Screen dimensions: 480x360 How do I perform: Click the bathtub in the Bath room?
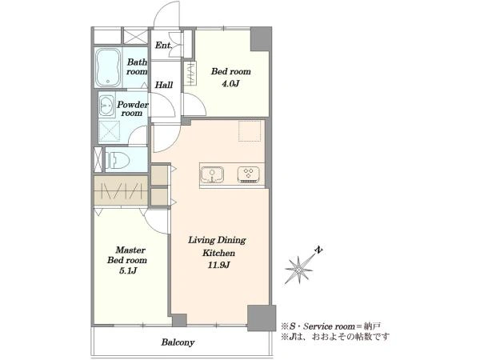pyautogui.click(x=107, y=68)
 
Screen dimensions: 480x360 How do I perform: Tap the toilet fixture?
pyautogui.click(x=118, y=159)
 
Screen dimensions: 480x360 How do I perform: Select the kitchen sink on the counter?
pyautogui.click(x=211, y=174)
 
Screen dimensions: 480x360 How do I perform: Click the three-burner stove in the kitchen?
pyautogui.click(x=248, y=174)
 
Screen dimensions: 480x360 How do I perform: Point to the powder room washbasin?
pyautogui.click(x=107, y=106)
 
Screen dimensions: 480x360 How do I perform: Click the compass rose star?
pyautogui.click(x=299, y=270)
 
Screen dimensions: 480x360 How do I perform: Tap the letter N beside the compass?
pyautogui.click(x=319, y=250)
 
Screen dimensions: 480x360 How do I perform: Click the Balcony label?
pyautogui.click(x=178, y=342)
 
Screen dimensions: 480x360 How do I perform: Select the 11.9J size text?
pyautogui.click(x=218, y=265)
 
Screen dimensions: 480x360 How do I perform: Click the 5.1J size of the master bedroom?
pyautogui.click(x=127, y=270)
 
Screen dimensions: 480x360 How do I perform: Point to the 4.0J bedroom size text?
pyautogui.click(x=230, y=83)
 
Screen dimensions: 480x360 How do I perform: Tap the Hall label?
pyautogui.click(x=164, y=85)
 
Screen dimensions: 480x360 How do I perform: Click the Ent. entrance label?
pyautogui.click(x=163, y=46)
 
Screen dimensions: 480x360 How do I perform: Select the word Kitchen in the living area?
pyautogui.click(x=218, y=253)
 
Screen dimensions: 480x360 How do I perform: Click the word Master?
pyautogui.click(x=130, y=250)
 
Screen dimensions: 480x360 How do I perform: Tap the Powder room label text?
pyautogui.click(x=133, y=109)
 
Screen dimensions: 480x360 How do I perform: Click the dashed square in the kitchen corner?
pyautogui.click(x=251, y=130)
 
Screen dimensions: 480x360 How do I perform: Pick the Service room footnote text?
pyautogui.click(x=330, y=326)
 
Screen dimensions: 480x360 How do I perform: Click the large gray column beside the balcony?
pyautogui.click(x=262, y=318)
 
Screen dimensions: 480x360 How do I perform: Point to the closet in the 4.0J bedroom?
pyautogui.click(x=190, y=74)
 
